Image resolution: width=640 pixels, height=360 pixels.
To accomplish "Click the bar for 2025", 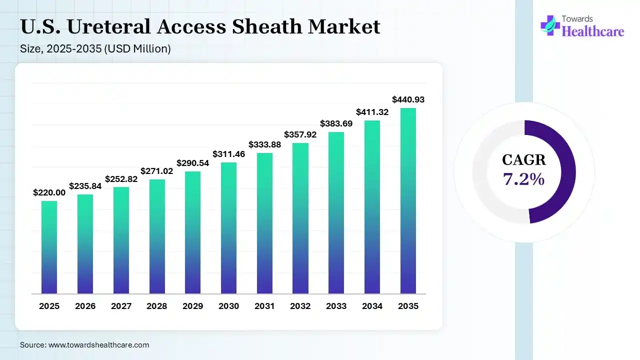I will point(49,247).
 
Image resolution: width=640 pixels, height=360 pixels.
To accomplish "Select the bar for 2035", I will point(408,200).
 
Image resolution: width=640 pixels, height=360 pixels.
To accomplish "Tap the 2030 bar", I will point(228,228).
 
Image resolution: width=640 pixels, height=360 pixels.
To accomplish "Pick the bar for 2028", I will point(157,236).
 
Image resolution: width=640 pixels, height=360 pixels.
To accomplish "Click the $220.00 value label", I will point(49,192).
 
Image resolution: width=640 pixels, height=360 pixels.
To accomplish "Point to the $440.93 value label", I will point(408,99).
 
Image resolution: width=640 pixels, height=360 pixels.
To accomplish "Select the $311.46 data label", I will point(228,154).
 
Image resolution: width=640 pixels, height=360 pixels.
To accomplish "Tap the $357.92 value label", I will point(300,134).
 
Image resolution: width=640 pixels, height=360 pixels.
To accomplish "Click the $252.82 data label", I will point(121,179).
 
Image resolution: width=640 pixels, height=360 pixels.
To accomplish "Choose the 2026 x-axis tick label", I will point(85,306).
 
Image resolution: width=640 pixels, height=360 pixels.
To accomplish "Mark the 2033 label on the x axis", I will point(336,306).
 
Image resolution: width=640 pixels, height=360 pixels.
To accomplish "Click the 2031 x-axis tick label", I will point(264,306).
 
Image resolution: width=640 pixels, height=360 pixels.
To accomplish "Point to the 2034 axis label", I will point(372,306).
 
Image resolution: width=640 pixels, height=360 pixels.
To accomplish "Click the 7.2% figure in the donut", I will point(524,178).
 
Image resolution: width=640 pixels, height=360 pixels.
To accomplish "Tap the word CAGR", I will point(524,160).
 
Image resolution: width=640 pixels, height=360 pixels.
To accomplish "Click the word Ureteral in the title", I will point(108,27).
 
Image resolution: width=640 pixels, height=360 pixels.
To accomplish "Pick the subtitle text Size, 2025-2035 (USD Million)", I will point(95,49).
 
